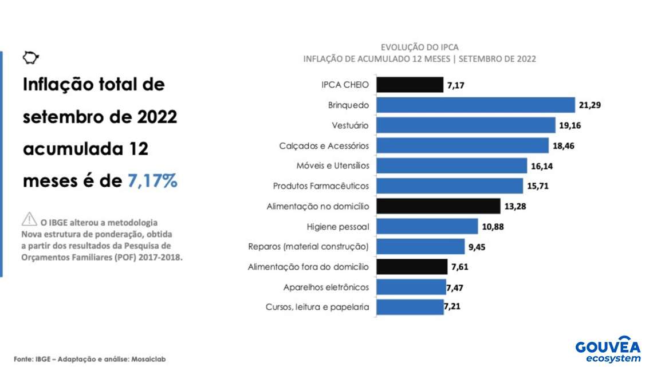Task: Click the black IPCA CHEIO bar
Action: (410, 85)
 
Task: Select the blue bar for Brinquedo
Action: (475, 105)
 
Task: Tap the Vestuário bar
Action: (466, 125)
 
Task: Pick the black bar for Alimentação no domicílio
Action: (438, 206)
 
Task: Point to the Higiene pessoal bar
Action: (427, 227)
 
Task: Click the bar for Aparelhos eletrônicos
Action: (411, 287)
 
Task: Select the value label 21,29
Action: (589, 105)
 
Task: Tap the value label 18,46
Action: (563, 146)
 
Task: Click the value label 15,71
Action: (537, 186)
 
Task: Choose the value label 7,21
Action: (452, 306)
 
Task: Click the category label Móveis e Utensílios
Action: (333, 166)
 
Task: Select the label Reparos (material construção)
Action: (308, 247)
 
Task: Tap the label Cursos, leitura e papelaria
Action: (317, 307)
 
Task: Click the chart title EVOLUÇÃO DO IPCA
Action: (419, 48)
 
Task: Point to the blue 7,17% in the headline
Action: (153, 181)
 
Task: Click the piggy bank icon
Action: (30, 57)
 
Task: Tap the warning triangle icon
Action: (29, 219)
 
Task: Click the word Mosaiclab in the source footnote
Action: (148, 359)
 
